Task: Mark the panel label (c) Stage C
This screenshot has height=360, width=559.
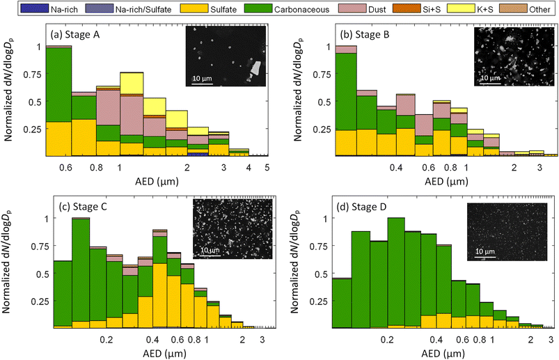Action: tap(77, 207)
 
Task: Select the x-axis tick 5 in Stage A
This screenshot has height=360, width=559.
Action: tap(267, 168)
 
